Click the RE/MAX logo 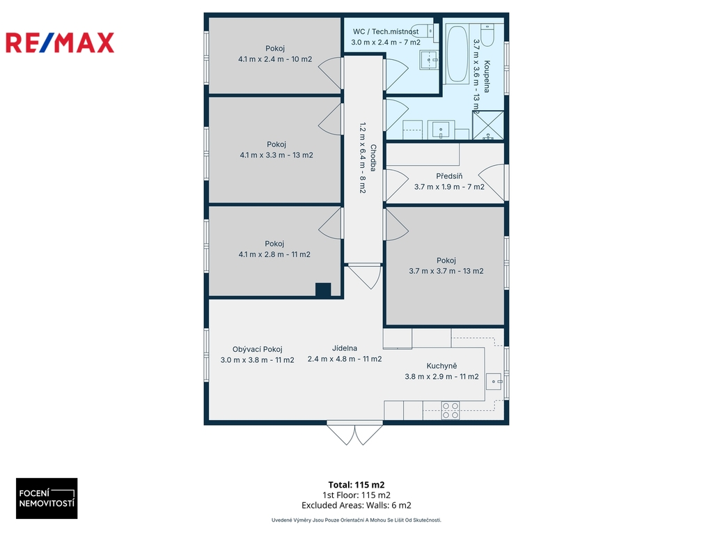tap(60, 42)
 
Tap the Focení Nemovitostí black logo tap(47, 498)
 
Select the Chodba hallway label tap(373, 158)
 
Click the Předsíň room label tap(449, 176)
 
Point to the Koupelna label tap(487, 77)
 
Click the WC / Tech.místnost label tap(386, 31)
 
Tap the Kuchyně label tap(441, 366)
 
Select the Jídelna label tap(345, 348)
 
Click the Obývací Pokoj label tap(258, 350)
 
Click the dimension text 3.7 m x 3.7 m tap(432, 271)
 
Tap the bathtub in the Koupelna tap(456, 54)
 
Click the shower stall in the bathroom tap(488, 125)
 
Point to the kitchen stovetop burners tap(450, 410)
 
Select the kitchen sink tap(494, 381)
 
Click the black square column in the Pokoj tap(323, 290)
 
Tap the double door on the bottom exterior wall tap(354, 433)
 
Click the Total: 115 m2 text tap(356, 485)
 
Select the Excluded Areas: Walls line tap(356, 505)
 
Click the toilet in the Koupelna tap(487, 35)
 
